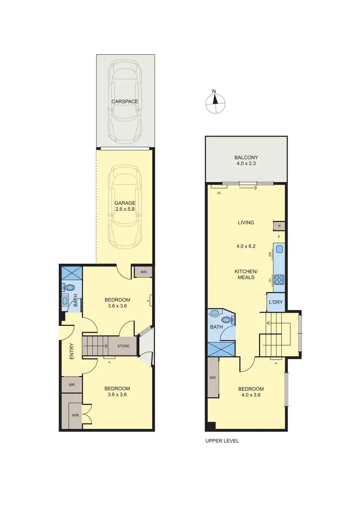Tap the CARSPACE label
click(125, 101)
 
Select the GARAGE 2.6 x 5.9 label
click(125, 206)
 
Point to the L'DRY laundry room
click(276, 303)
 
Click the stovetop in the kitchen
click(279, 280)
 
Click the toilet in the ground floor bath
click(70, 288)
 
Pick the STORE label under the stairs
click(125, 345)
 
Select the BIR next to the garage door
click(144, 272)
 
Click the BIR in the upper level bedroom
click(213, 378)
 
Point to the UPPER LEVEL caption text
click(221, 441)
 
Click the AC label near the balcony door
click(219, 193)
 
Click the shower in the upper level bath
click(221, 349)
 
